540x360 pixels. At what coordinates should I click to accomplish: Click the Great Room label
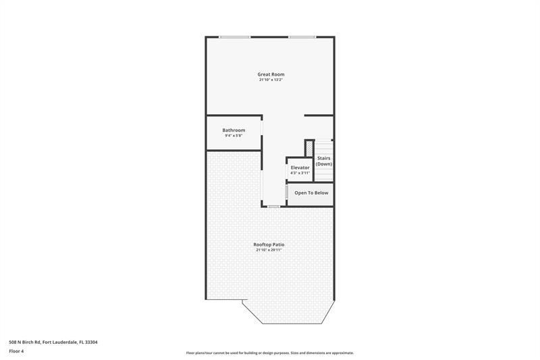[271, 74]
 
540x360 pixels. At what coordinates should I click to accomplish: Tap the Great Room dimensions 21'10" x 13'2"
[271, 80]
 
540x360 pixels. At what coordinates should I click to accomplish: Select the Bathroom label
[234, 130]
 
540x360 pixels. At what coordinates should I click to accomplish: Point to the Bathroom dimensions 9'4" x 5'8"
[234, 136]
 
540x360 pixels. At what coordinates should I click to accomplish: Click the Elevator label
[300, 168]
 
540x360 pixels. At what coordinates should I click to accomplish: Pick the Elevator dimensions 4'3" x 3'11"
[300, 173]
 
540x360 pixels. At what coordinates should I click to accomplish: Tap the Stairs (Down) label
[324, 161]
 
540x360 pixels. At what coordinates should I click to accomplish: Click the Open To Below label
[311, 193]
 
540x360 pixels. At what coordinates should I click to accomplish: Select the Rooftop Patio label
[269, 245]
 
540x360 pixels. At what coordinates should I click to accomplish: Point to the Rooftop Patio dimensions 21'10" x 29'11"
[269, 250]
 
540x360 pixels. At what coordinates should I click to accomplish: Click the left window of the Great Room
[234, 37]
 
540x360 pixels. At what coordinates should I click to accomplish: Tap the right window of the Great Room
[302, 37]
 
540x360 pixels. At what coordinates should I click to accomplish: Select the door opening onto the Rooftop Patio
[274, 206]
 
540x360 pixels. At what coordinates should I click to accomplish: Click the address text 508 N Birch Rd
[25, 342]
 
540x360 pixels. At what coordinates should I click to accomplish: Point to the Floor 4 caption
[16, 351]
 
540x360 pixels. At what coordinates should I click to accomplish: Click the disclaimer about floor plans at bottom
[270, 353]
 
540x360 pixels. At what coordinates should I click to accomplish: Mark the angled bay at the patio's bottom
[289, 313]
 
